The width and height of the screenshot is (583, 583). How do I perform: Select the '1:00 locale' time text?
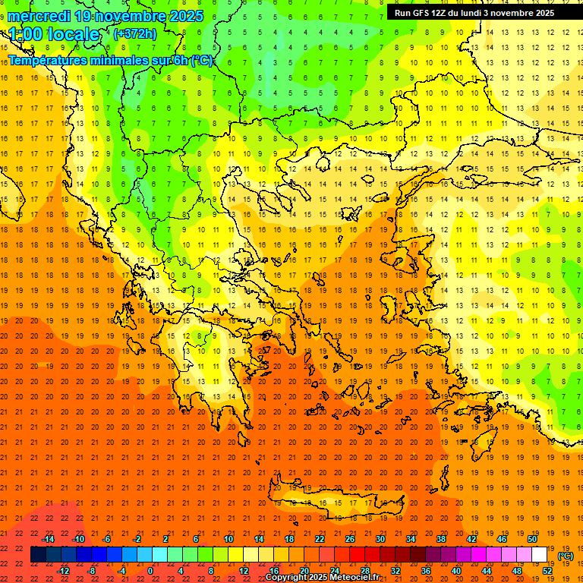pos(55,34)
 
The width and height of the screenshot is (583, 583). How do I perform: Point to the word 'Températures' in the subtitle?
pos(49,60)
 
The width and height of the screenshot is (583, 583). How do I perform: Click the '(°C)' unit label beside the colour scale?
pos(566,556)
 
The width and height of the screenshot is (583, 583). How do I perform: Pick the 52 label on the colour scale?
pos(547,571)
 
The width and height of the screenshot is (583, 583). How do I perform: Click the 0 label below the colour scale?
pos(150,571)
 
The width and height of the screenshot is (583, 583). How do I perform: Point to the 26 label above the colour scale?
pos(350,539)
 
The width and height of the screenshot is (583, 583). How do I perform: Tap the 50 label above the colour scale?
pos(531,539)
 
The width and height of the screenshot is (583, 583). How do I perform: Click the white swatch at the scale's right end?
pos(540,555)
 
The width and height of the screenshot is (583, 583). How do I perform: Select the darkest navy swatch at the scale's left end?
pos(38,555)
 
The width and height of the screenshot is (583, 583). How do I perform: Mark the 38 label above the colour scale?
pos(441,539)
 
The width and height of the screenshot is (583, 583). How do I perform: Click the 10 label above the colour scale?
pos(228,539)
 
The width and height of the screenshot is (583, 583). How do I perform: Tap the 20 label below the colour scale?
pos(304,571)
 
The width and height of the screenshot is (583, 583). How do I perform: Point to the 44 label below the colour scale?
pos(487,571)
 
